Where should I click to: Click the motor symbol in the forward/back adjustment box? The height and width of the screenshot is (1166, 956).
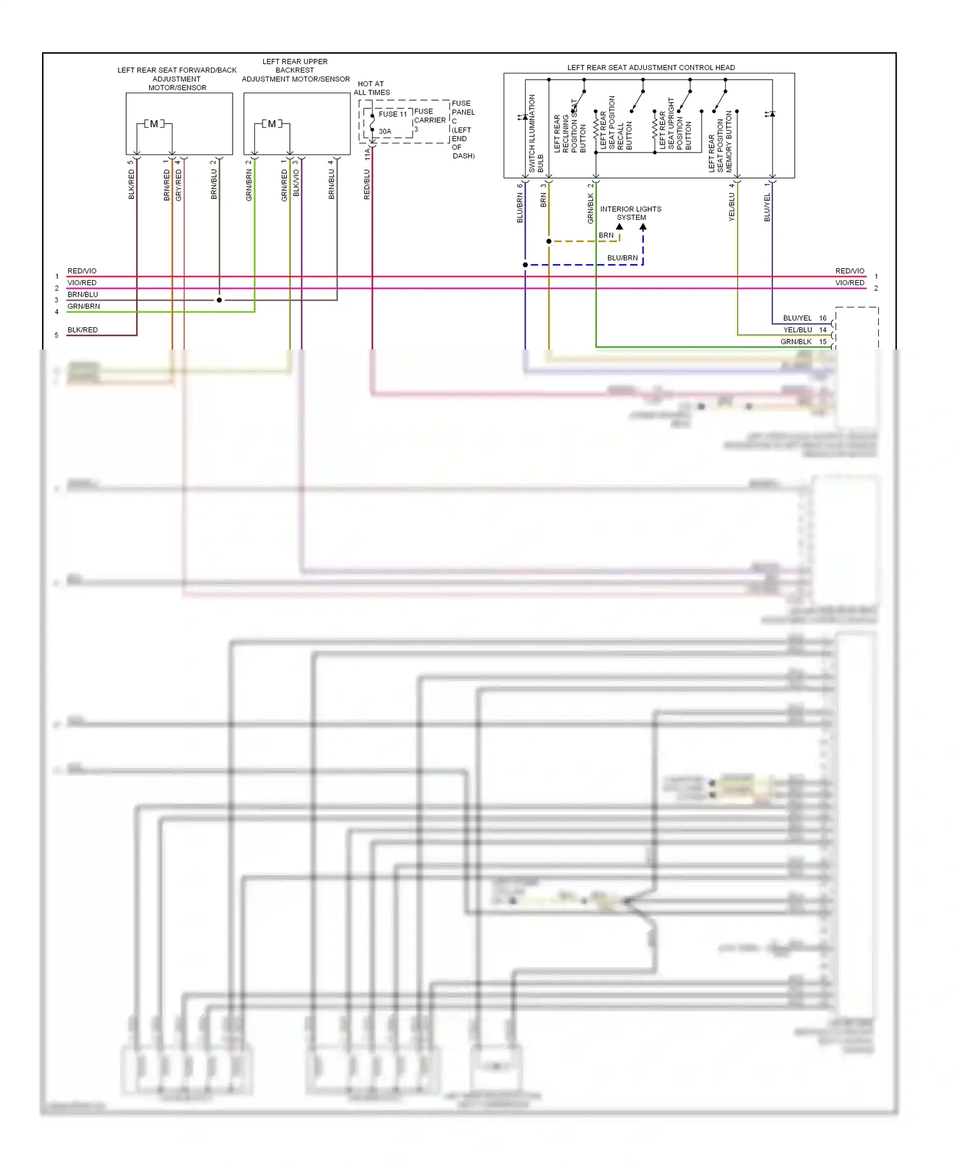pos(154,124)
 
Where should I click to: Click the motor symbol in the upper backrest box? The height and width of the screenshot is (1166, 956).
pos(272,124)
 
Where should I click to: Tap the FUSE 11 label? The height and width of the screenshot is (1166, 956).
pos(393,114)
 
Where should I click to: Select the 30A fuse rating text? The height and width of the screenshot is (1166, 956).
pos(385,131)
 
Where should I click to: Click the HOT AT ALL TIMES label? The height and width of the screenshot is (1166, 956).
pos(372,88)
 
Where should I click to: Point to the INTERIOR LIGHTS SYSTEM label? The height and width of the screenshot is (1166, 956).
pos(631,213)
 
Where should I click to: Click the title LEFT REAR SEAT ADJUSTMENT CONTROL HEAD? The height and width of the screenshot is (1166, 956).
pos(651,68)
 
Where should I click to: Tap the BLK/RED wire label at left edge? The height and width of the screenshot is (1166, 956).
pos(83,330)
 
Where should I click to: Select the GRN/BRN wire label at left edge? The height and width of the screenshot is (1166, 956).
pos(83,306)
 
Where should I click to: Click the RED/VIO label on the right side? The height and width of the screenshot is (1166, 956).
pos(850,271)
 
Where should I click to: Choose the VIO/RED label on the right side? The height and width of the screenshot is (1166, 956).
pos(850,283)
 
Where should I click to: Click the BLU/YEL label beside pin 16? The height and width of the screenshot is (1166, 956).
pos(797,318)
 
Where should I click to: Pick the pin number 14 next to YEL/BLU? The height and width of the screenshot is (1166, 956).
pos(823,330)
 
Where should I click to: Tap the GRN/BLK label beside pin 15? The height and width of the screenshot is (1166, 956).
pos(796,342)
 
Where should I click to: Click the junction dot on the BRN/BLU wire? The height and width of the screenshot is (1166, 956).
pos(219,300)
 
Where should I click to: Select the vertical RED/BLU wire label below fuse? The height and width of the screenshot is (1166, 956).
pos(367,184)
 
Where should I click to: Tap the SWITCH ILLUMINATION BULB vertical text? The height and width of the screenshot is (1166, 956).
pos(536,134)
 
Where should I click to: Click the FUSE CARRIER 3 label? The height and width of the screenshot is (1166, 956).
pos(430,120)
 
